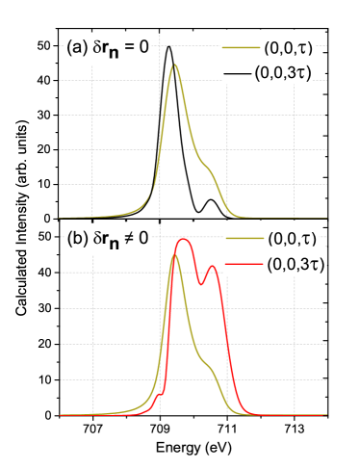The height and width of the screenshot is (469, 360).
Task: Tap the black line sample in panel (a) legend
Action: click(238, 71)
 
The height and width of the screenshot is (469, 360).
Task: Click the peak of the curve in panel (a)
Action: click(174, 65)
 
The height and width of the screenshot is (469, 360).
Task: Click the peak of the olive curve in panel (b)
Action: click(175, 255)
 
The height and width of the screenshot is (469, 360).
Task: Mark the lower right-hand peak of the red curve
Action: click(211, 267)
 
